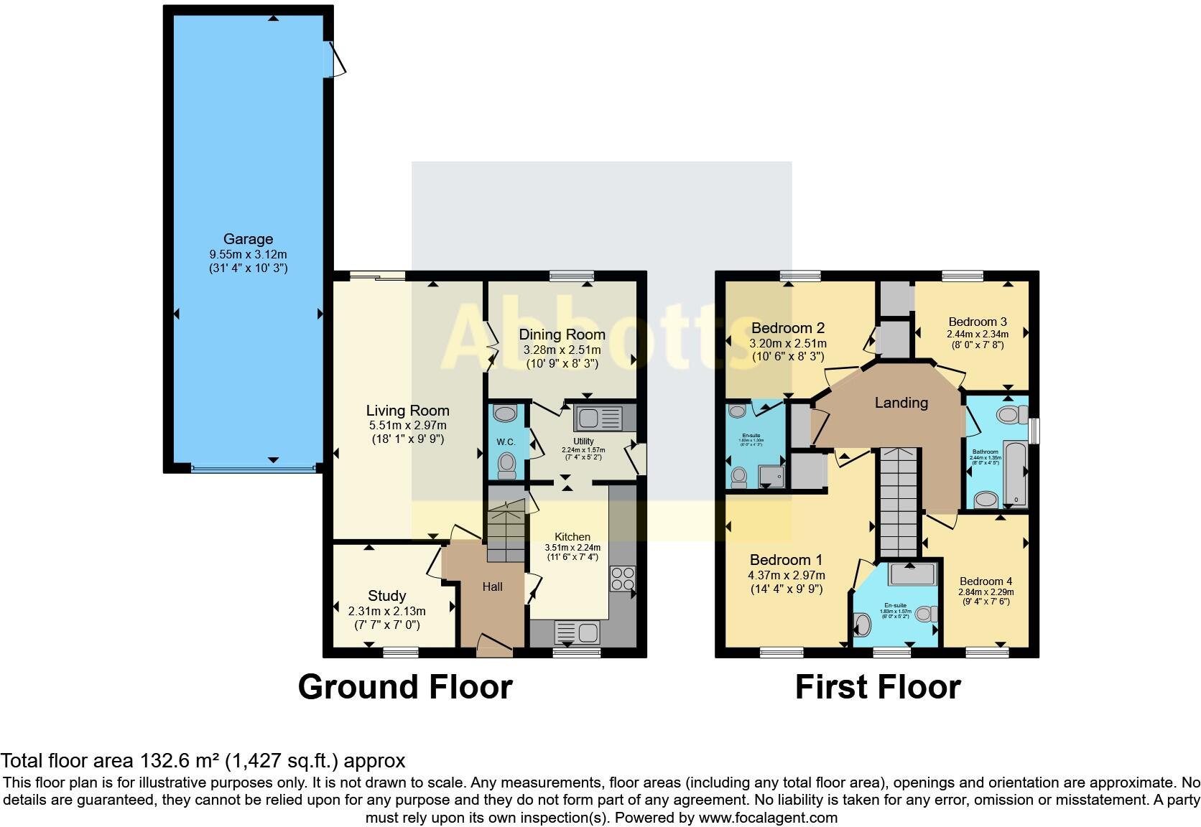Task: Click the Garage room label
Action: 248,239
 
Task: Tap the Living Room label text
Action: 407,411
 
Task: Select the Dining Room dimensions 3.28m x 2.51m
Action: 562,350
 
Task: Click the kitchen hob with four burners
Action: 621,579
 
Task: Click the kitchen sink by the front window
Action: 577,632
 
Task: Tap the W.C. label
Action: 506,442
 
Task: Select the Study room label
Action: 386,596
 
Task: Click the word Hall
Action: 492,587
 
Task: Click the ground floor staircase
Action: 506,531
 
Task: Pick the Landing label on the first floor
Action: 901,403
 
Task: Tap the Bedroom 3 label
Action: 977,322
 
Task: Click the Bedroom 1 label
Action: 786,560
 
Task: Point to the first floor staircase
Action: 899,503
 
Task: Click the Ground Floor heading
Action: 404,687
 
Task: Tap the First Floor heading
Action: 877,687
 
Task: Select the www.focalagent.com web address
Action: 767,818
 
